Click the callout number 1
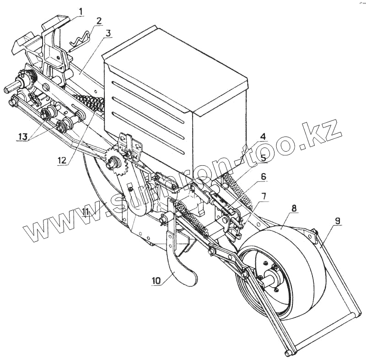[x=81, y=11]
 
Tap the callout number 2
[x=99, y=21]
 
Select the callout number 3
[x=108, y=33]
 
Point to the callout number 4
[x=264, y=136]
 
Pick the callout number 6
[x=264, y=176]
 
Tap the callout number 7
[x=264, y=196]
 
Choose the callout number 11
[x=86, y=212]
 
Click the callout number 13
[x=23, y=136]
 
